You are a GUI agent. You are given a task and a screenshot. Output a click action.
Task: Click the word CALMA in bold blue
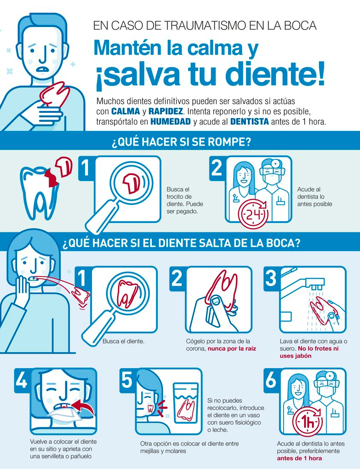(126, 111)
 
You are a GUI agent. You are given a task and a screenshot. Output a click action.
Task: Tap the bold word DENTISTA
(250, 121)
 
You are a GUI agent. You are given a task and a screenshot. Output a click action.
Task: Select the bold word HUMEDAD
(171, 121)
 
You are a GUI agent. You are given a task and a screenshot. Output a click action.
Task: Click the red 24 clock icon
(253, 214)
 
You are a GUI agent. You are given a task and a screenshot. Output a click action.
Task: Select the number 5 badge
(127, 380)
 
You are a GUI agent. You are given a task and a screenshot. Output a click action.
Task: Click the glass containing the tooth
(186, 403)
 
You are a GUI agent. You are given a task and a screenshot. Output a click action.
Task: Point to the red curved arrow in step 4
(84, 406)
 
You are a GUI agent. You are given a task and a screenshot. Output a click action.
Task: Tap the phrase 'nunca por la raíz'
(232, 349)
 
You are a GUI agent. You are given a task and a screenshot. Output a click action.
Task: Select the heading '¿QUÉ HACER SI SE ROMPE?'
(181, 141)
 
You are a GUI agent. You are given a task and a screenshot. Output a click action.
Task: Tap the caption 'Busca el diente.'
(124, 341)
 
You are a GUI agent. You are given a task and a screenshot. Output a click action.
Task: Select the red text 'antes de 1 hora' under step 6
(299, 458)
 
